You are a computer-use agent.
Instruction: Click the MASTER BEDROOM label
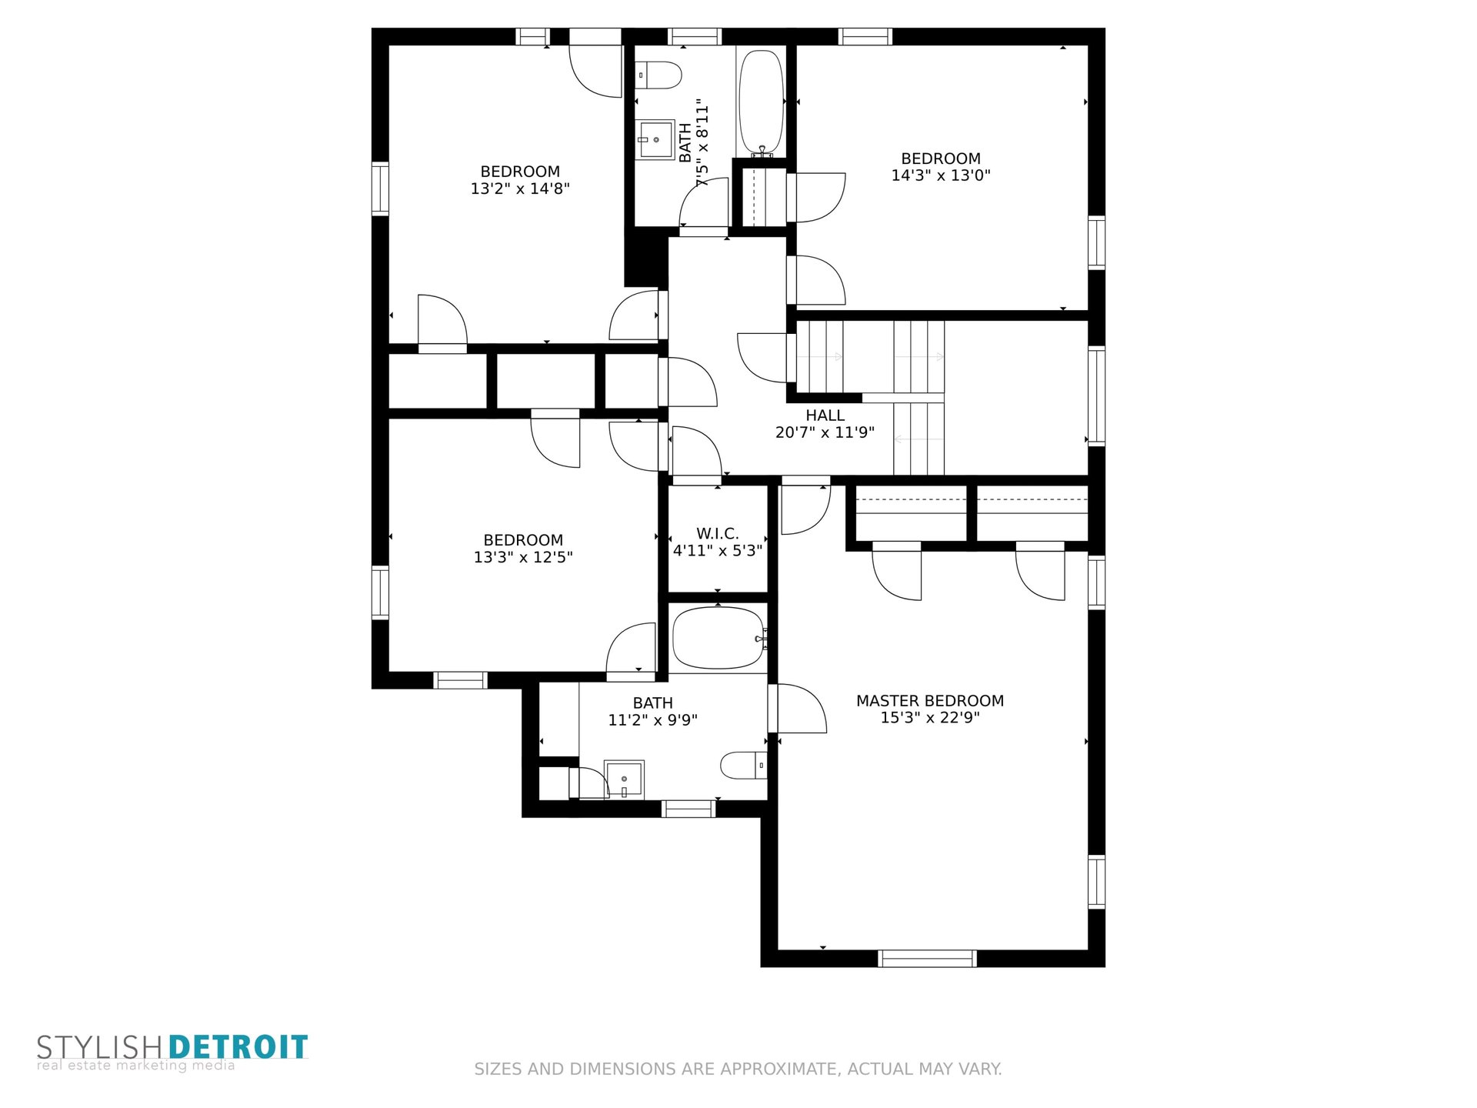coord(929,701)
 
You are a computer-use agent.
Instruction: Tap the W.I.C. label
coord(718,533)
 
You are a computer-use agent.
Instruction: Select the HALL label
coord(825,415)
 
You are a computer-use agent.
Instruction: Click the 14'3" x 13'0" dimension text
coord(940,175)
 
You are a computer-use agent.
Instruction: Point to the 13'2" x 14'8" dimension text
coord(520,189)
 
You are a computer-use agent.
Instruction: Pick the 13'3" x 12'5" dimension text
coord(523,557)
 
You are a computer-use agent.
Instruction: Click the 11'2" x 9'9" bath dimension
coord(652,720)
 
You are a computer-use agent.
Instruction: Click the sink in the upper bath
coord(655,139)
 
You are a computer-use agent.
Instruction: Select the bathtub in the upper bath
coord(761,104)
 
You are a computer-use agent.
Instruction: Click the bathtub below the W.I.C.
coord(718,638)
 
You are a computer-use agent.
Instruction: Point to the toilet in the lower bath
coord(743,766)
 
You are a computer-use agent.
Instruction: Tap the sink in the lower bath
coord(624,780)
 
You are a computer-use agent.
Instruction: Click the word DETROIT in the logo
coord(238,1047)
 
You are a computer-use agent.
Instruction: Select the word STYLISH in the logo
coord(99,1047)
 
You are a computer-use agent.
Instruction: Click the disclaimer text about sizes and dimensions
coord(738,1069)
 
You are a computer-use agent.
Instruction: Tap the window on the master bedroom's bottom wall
coord(927,959)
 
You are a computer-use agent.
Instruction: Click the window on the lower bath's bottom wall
coord(688,809)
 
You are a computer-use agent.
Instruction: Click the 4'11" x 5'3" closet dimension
coord(718,551)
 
